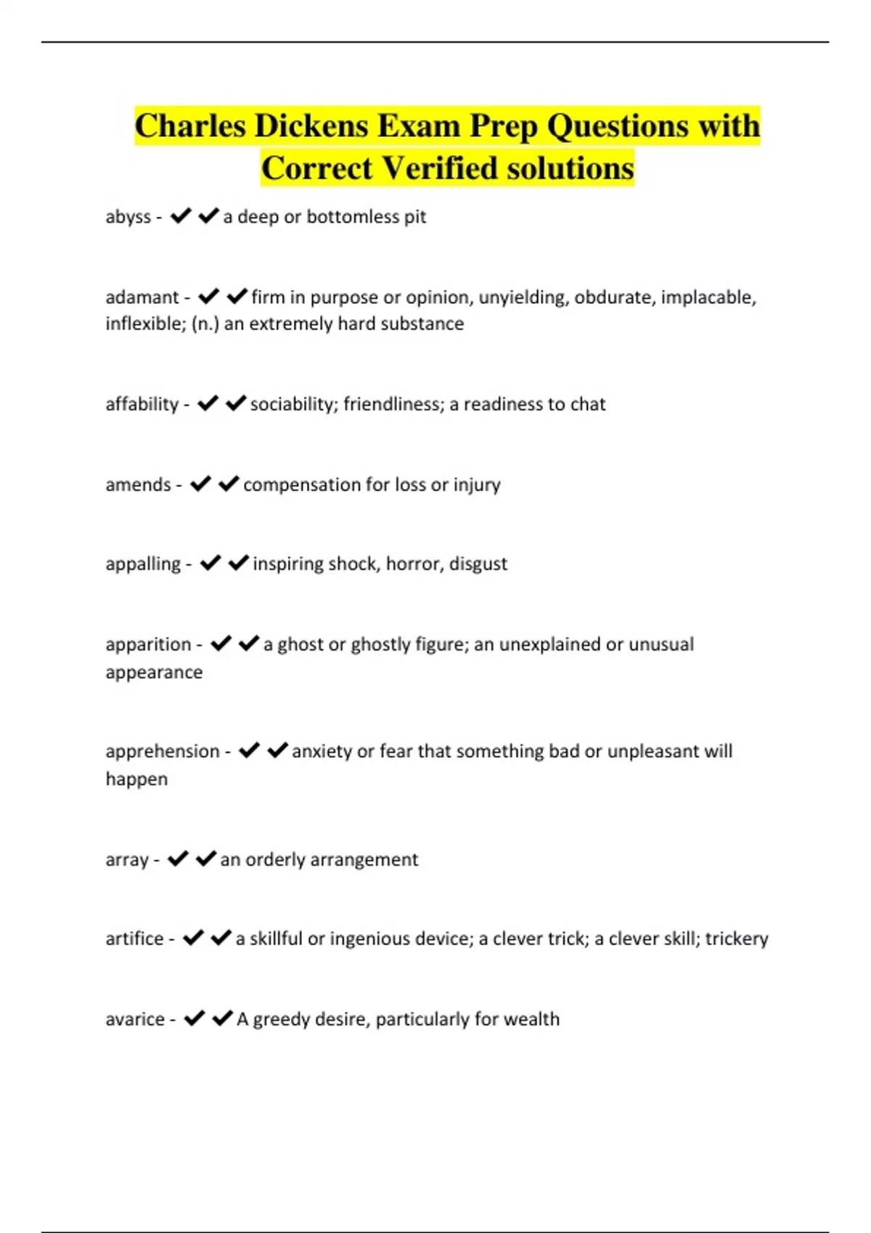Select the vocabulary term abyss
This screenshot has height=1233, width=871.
128,217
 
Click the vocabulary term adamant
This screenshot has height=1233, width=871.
142,297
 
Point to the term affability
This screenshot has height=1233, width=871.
142,404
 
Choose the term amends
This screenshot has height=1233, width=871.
138,484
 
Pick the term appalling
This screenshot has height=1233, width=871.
143,564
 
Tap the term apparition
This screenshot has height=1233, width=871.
148,644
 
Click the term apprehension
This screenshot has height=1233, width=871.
162,751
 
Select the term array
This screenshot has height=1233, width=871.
126,860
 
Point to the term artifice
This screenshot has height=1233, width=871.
134,939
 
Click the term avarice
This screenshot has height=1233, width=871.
135,1020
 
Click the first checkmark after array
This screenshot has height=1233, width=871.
178,859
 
